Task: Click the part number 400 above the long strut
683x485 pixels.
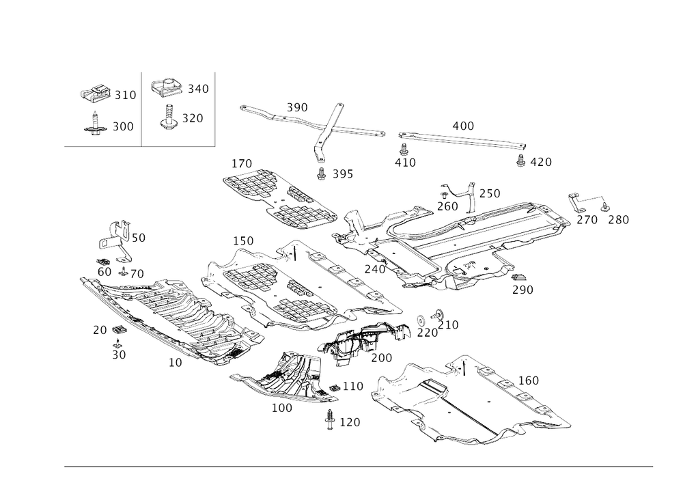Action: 462,126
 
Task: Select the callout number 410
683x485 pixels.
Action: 404,163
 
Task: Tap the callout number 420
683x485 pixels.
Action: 540,163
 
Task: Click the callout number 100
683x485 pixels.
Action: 282,408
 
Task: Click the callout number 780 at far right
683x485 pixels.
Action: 619,220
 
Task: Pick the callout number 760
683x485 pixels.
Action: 492,193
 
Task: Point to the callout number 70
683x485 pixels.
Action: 100,331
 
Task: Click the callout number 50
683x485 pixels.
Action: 119,356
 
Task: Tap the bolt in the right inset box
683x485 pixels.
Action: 167,118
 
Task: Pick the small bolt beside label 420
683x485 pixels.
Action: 521,161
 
